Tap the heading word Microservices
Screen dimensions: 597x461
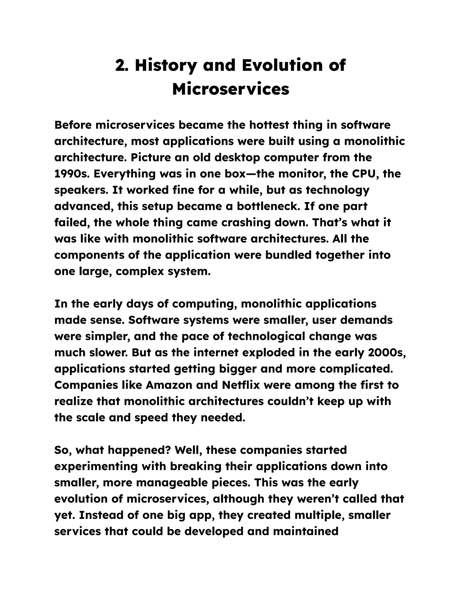point(230,89)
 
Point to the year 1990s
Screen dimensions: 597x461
point(72,174)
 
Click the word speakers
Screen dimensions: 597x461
point(81,190)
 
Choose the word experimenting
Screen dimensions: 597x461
point(96,467)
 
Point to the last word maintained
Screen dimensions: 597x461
point(306,532)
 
